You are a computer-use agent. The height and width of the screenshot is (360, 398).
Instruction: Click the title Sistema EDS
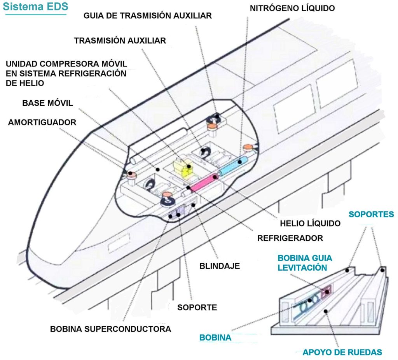click(35, 7)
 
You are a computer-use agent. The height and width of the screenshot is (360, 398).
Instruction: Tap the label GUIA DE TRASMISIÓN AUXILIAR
click(148, 16)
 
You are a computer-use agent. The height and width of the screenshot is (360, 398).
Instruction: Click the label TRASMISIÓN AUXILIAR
click(120, 40)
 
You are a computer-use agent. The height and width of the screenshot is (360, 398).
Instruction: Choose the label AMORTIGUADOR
click(42, 122)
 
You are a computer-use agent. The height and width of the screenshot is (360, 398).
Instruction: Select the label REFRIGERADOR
click(290, 238)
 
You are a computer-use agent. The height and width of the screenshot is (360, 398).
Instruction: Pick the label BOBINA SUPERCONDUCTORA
click(111, 329)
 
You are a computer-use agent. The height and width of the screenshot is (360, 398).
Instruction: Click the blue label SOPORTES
click(371, 214)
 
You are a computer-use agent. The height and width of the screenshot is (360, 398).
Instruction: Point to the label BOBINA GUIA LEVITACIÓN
click(305, 263)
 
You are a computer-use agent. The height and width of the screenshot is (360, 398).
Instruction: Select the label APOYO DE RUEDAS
click(342, 353)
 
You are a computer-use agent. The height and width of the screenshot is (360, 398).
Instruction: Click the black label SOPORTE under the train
click(197, 308)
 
